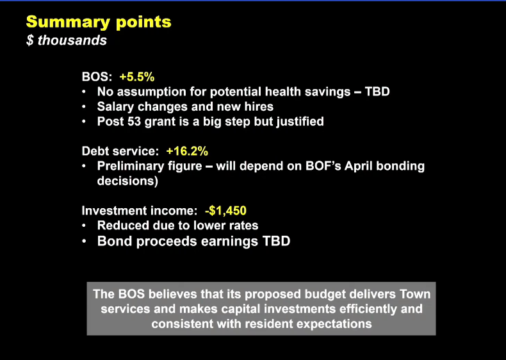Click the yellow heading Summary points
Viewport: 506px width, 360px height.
tap(99, 22)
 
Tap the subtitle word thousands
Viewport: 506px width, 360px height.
tap(72, 40)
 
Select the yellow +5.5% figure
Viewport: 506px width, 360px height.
tap(137, 77)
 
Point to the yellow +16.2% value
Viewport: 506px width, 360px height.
tap(187, 151)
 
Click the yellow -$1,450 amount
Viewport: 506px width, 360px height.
tap(225, 211)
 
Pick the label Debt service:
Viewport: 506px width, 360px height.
tap(120, 151)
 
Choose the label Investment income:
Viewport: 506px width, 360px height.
tap(140, 211)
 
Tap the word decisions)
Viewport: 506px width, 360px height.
tap(127, 181)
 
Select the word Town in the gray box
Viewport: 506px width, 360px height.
tap(415, 294)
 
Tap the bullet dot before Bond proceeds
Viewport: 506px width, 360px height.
tap(84, 241)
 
